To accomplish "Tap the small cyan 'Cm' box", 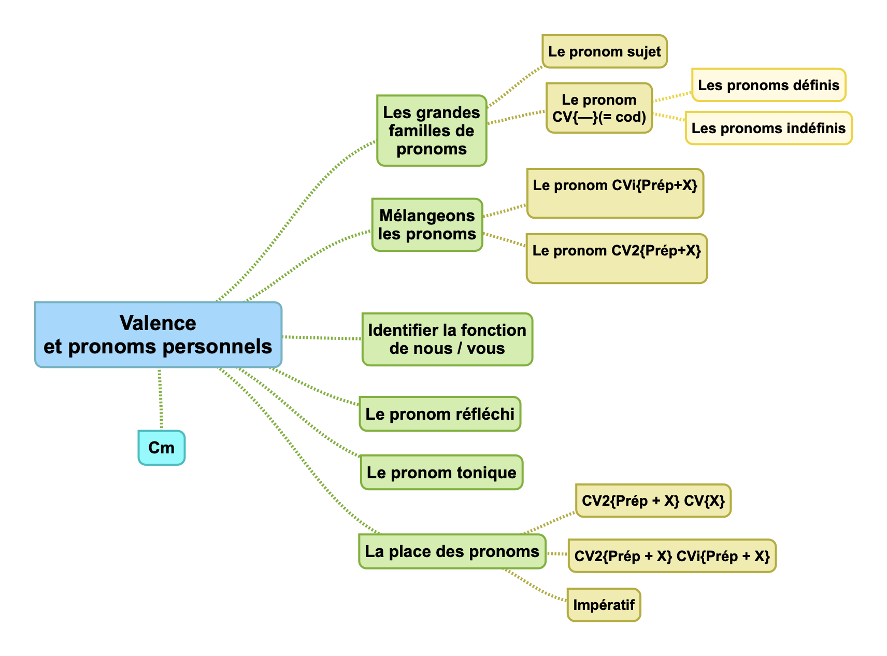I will tap(161, 447).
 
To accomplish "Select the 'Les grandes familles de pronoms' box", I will tap(432, 131).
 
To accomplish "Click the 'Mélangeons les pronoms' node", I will tap(427, 225).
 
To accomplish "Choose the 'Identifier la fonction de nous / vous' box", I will tap(447, 339).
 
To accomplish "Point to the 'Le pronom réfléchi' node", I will tap(440, 414).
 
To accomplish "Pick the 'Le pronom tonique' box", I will tap(441, 473).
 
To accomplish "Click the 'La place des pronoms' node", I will tap(452, 551).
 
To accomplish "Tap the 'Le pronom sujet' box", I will tap(604, 52).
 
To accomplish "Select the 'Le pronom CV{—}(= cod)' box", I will tap(599, 108).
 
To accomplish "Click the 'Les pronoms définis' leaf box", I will tap(768, 85).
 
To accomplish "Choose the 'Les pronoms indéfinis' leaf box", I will tap(768, 128).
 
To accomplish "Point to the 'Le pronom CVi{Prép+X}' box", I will tap(615, 193).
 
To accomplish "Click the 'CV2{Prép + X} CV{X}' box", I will tap(653, 501).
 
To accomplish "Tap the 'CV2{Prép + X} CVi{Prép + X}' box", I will tap(672, 556).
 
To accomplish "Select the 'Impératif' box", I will tap(604, 605).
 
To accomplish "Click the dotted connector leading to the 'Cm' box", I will tap(161, 399).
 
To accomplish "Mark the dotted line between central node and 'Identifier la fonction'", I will tap(322, 338).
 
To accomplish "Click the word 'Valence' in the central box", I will tap(158, 323).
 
